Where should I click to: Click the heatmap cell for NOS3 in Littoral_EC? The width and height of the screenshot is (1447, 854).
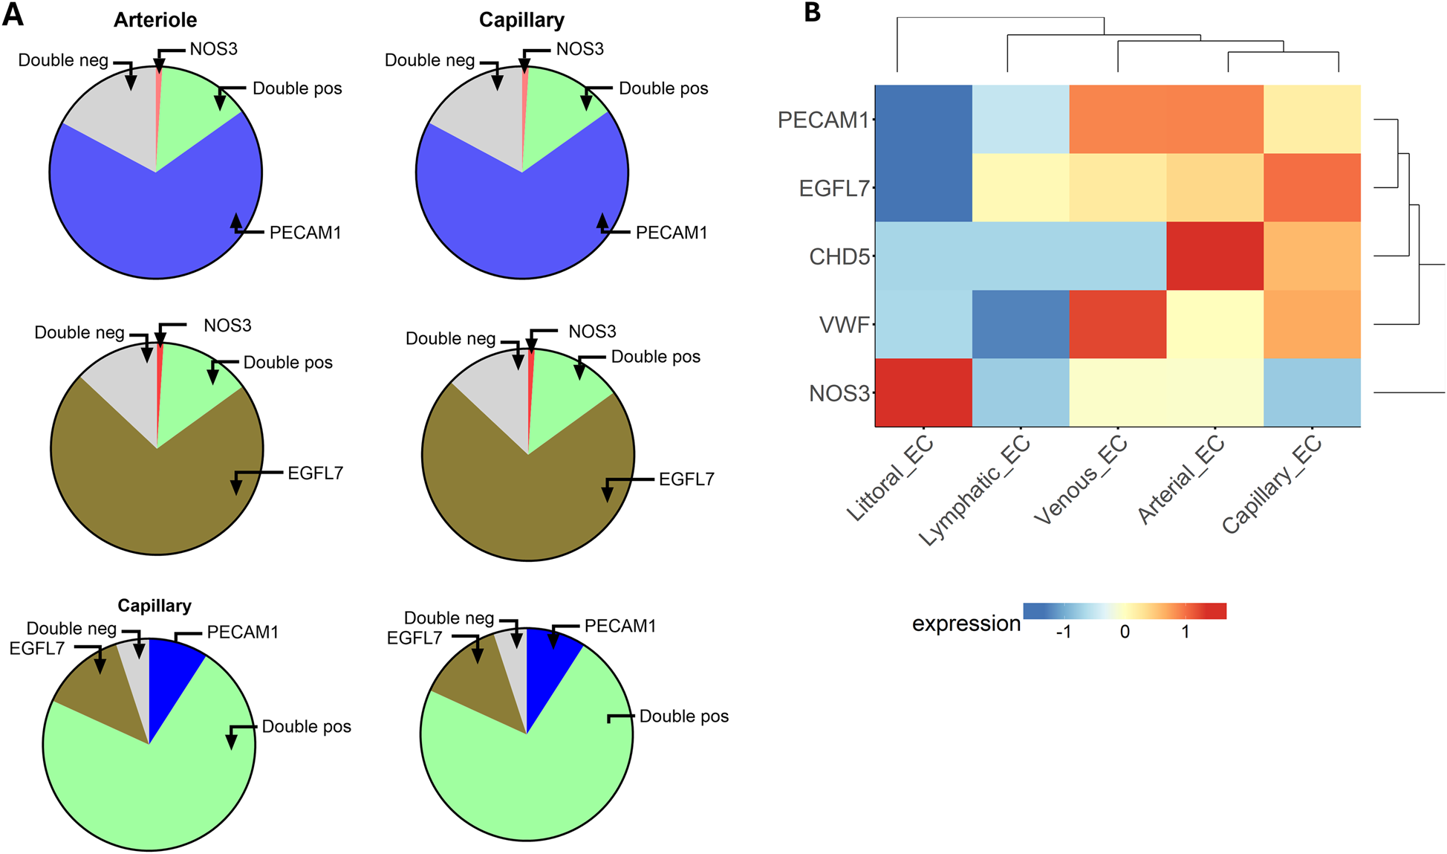click(923, 392)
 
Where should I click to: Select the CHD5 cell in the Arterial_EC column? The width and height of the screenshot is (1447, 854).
click(1214, 256)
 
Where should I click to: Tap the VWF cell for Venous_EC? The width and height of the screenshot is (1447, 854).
click(1117, 324)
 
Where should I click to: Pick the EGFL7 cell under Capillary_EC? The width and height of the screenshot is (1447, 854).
click(1312, 187)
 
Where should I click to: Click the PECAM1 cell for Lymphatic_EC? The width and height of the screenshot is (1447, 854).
click(1021, 119)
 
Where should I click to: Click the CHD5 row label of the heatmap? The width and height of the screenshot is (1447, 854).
click(839, 256)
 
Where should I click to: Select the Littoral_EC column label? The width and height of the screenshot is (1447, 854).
click(890, 479)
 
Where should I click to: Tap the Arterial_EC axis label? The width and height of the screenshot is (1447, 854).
click(1180, 480)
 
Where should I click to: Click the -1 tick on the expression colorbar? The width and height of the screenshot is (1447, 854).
click(1063, 632)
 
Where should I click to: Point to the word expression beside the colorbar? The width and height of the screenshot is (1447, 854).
click(966, 624)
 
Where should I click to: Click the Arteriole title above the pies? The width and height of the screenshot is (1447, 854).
click(155, 20)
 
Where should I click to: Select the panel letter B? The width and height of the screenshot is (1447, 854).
click(813, 13)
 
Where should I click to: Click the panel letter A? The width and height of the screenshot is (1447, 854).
click(13, 14)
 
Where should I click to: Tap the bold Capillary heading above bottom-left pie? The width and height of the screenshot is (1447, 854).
click(155, 606)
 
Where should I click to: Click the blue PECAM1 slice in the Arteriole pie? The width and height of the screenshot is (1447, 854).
click(149, 223)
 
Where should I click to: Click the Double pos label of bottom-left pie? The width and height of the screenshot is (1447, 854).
click(306, 726)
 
